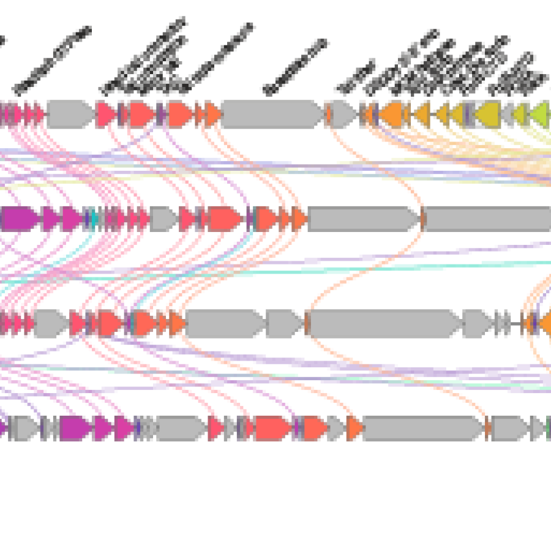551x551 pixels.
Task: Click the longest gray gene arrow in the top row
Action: pos(272,114)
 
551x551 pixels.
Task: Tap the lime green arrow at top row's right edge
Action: pos(540,114)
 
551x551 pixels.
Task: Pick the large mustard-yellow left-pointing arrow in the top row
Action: pos(488,114)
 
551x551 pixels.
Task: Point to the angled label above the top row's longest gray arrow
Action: pos(296,67)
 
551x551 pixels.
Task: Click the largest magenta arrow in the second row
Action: pos(20,219)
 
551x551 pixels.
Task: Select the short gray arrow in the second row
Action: pos(163,219)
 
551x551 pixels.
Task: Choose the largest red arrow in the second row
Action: pos(224,219)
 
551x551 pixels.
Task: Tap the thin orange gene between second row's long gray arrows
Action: pos(422,219)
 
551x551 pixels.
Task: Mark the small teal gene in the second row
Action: pos(93,219)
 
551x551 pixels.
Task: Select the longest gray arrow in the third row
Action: pos(384,323)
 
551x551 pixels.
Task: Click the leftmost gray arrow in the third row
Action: pos(51,323)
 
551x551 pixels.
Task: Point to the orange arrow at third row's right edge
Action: pos(545,323)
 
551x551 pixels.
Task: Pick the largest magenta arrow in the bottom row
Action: pos(75,428)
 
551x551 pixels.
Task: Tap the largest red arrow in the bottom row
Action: pos(272,428)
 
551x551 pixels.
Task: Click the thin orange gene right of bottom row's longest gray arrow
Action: pos(488,428)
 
